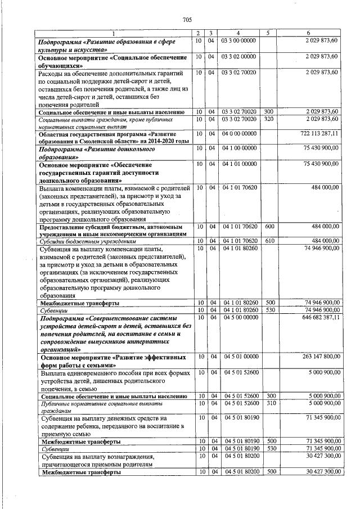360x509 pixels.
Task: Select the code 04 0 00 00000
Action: [239, 134]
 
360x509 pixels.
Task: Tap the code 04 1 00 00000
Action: [239, 148]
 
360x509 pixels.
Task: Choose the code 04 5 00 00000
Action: [239, 318]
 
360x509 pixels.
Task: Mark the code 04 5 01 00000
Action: [239, 357]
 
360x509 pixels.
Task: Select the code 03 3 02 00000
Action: [239, 57]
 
